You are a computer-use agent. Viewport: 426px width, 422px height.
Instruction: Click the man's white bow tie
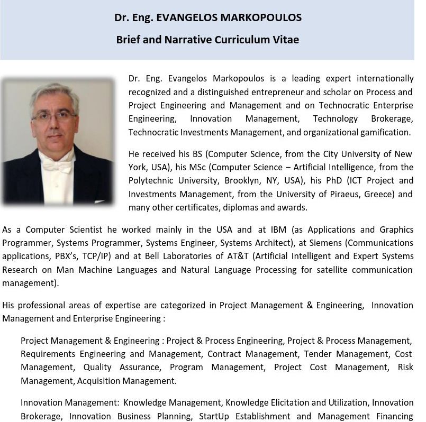pyautogui.click(x=56, y=166)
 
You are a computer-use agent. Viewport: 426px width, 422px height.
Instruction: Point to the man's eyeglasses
pyautogui.click(x=55, y=116)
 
